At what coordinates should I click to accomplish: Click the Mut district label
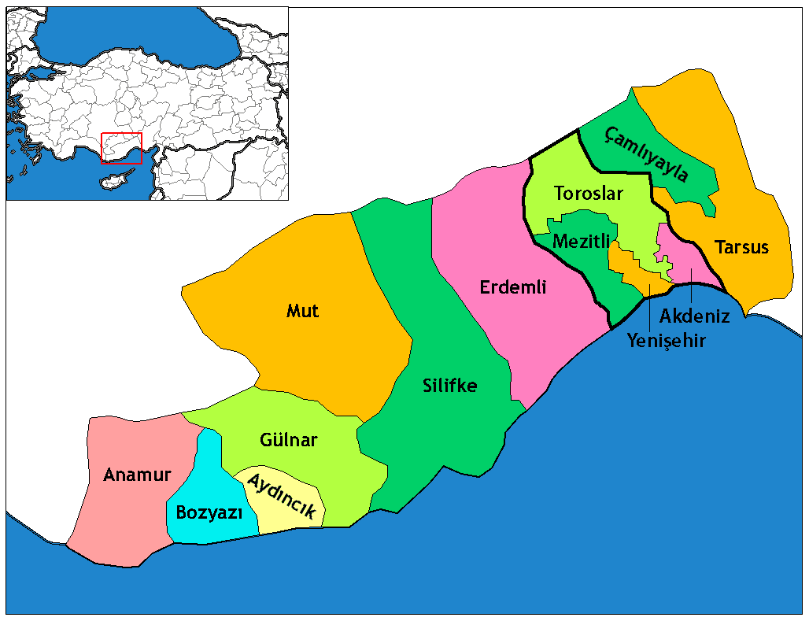pyautogui.click(x=303, y=311)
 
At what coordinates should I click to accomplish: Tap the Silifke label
pyautogui.click(x=449, y=386)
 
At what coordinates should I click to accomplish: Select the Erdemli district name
pyautogui.click(x=513, y=287)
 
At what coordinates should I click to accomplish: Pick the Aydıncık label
pyautogui.click(x=282, y=496)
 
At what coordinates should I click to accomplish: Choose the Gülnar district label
pyautogui.click(x=288, y=439)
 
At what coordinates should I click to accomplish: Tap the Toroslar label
pyautogui.click(x=588, y=193)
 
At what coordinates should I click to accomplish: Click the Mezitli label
pyautogui.click(x=582, y=242)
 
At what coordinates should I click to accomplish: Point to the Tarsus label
pyautogui.click(x=741, y=247)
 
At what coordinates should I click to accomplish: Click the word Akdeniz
pyautogui.click(x=695, y=316)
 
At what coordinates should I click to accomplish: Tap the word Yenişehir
pyautogui.click(x=667, y=340)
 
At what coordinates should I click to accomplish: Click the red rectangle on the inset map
pyautogui.click(x=121, y=148)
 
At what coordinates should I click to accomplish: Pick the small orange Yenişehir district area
pyautogui.click(x=627, y=265)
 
